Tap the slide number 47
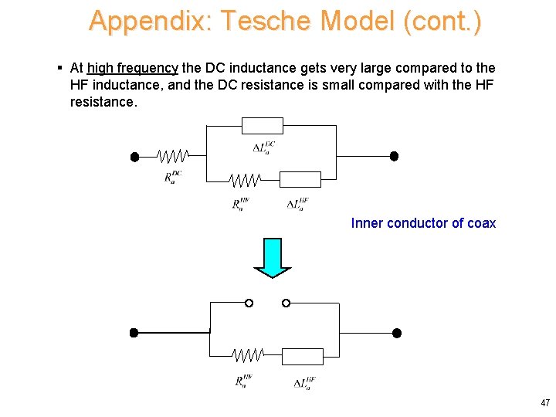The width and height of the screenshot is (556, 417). [545, 403]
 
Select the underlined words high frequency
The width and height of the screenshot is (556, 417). [133, 69]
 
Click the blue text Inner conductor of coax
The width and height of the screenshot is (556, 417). [423, 223]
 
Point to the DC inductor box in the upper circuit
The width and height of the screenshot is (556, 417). [263, 126]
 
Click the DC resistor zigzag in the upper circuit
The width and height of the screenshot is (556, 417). [171, 157]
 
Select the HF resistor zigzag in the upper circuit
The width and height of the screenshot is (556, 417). [244, 180]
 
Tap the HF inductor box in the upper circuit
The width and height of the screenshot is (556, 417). [300, 180]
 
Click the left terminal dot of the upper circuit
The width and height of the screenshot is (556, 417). [134, 157]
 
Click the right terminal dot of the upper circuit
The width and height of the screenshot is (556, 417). [394, 156]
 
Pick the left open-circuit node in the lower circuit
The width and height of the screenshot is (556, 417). [249, 303]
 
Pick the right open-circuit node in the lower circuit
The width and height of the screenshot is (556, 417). [286, 303]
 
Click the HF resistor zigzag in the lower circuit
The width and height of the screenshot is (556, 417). [248, 356]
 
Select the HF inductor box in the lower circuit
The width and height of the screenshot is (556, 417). [303, 356]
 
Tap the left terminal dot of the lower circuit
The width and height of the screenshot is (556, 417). [134, 333]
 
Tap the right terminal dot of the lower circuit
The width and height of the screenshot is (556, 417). [397, 333]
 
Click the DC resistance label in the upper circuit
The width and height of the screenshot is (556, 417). [173, 177]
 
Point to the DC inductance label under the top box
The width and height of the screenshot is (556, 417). [264, 147]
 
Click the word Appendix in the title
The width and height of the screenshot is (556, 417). [146, 21]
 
